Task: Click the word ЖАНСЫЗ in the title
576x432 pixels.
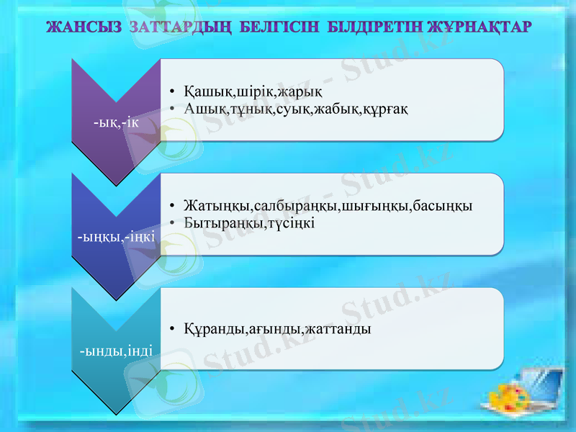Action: pos(85,27)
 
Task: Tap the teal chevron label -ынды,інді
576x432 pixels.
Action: pos(116,351)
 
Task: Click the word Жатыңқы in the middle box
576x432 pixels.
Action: pos(211,206)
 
